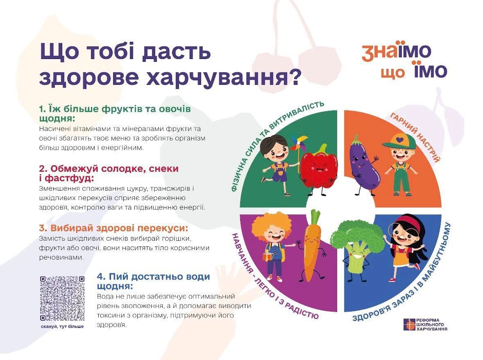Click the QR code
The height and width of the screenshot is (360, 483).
tap(62, 298)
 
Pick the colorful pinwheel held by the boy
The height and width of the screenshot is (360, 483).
tap(298, 144)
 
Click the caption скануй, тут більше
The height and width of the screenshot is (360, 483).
tap(62, 326)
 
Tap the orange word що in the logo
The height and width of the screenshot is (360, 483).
tap(392, 73)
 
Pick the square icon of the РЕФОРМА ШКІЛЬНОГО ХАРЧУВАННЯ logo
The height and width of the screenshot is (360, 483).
tap(408, 324)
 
